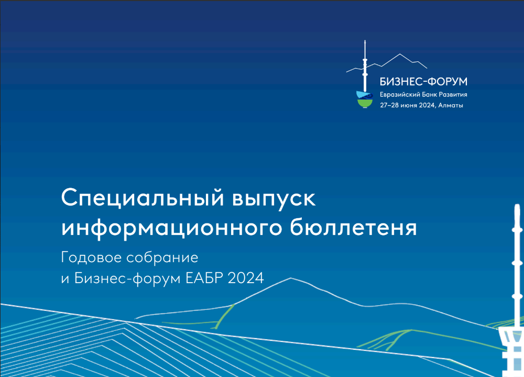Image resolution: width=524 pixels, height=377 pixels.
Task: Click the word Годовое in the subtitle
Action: pos(91,257)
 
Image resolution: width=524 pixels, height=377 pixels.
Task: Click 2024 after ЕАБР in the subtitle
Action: pos(246,278)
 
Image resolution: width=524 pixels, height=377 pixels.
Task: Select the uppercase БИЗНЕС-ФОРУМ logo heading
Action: pos(423,81)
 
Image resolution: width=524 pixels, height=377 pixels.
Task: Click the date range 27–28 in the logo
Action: pos(389,105)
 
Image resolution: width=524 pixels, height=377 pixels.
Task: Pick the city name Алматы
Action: pos(451,105)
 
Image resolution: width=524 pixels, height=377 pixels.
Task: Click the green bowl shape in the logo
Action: pos(365,103)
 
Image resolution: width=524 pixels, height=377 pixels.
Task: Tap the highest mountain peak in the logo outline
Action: pos(400,54)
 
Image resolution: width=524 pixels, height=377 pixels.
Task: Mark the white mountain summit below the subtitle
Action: pos(290,278)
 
